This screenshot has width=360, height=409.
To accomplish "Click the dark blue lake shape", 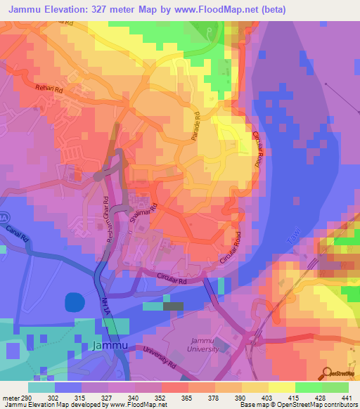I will tap(74, 303).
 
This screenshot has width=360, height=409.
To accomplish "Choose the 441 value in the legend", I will tap(347, 398).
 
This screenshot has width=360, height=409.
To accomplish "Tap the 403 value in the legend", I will tap(267, 398).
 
